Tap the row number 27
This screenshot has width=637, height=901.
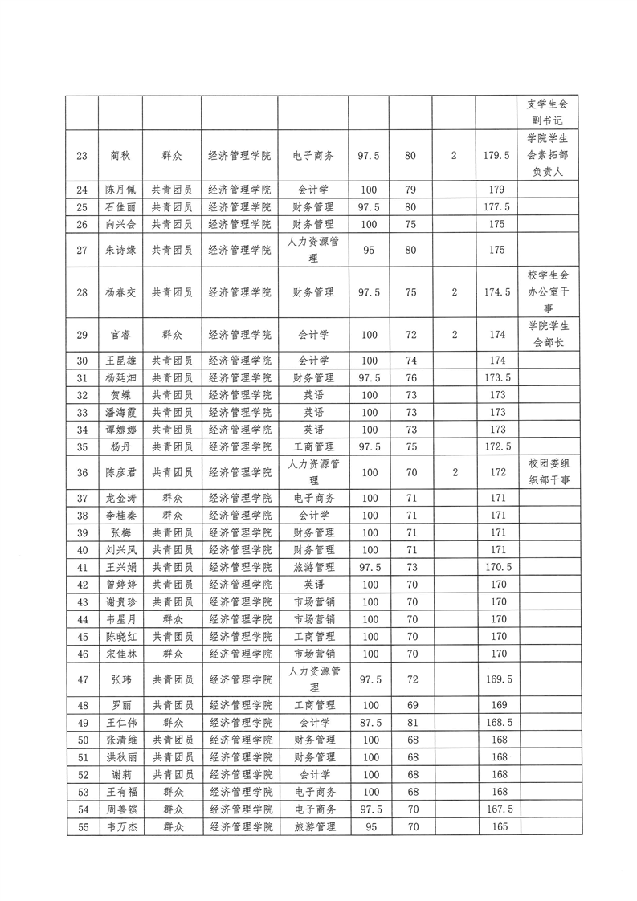[x=82, y=250]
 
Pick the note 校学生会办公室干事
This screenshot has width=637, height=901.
[x=548, y=292]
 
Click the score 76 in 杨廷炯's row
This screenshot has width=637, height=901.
[x=410, y=377]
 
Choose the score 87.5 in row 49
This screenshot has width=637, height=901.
[x=369, y=722]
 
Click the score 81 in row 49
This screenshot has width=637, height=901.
[x=410, y=722]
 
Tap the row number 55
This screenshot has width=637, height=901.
[x=82, y=827]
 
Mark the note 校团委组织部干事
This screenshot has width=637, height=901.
[x=548, y=473]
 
